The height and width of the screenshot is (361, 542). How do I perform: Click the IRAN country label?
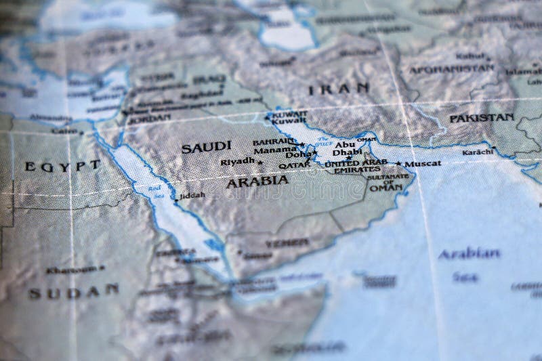click(339, 88)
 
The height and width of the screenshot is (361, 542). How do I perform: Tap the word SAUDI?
click(206, 146)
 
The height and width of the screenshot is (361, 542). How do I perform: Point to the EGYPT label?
click(62, 165)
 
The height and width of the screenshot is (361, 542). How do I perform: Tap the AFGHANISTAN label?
click(452, 69)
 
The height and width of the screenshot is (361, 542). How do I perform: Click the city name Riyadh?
click(236, 161)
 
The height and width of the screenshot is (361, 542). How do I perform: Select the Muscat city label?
click(423, 163)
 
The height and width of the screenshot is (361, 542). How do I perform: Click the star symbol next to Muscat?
click(398, 163)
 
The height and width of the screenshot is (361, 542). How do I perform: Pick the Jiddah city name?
click(192, 195)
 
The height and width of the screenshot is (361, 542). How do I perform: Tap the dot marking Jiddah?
click(176, 200)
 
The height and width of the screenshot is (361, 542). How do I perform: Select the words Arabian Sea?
click(468, 264)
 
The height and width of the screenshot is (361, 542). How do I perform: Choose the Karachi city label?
click(478, 152)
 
